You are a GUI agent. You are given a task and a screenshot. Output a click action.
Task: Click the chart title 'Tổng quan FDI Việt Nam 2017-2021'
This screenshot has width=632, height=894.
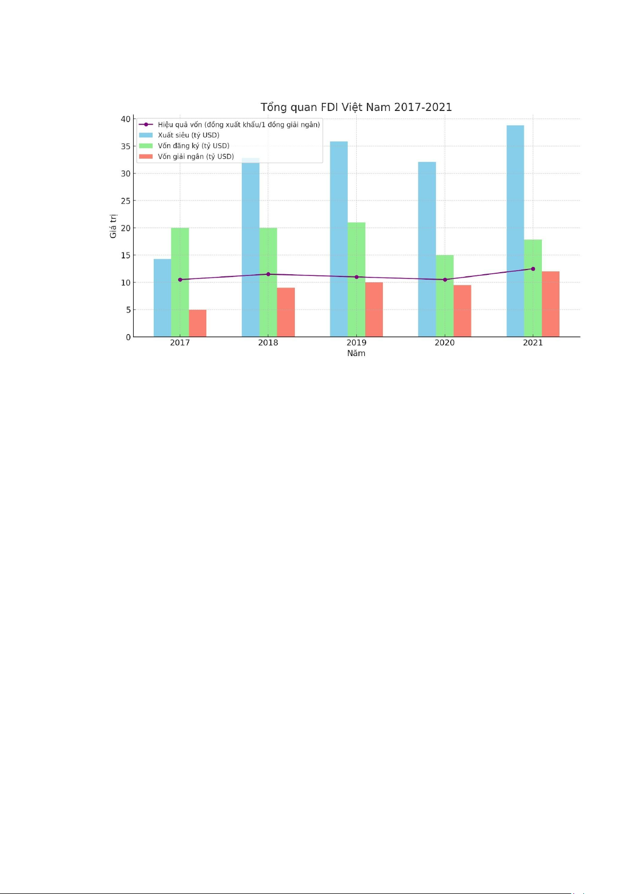[x=356, y=107]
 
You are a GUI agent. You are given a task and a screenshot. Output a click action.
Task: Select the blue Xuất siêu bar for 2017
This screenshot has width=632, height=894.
[x=162, y=298]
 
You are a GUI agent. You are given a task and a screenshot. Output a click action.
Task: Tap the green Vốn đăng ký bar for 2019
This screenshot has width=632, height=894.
[x=356, y=279]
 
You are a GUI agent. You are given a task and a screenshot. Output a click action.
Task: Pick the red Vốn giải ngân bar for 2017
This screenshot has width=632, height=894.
[x=197, y=323]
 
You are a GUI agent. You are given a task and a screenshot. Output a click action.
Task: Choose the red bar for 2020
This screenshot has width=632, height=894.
[x=462, y=311]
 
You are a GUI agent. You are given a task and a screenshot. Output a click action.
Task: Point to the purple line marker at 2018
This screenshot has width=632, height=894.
[x=268, y=274]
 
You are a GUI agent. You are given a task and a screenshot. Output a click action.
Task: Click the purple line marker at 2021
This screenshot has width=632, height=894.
[x=533, y=268]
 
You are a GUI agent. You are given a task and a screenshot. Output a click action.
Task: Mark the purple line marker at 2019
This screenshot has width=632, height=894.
[x=356, y=277]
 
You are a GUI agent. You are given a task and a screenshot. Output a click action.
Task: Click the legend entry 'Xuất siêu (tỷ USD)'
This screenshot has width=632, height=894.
[x=188, y=135]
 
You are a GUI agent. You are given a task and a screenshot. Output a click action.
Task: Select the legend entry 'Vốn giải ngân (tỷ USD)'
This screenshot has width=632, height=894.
[x=196, y=157]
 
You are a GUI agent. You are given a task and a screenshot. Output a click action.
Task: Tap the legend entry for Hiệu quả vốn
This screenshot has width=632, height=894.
[x=239, y=125]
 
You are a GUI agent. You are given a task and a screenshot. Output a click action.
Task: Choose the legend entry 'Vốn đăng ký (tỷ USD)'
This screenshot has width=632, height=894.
[x=194, y=146]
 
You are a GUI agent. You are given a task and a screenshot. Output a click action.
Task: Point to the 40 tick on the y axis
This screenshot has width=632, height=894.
[x=125, y=119]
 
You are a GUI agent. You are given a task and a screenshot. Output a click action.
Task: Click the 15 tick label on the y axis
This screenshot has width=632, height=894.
[x=125, y=255]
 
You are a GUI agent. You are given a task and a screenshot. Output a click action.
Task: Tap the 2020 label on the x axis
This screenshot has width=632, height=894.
[x=444, y=343]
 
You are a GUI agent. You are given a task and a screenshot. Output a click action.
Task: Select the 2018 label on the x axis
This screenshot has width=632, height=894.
[x=268, y=343]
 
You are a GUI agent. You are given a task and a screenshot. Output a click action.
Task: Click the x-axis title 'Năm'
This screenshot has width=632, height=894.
[x=356, y=353]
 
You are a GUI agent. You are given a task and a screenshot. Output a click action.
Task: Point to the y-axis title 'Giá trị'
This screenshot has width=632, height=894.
[x=113, y=226]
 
